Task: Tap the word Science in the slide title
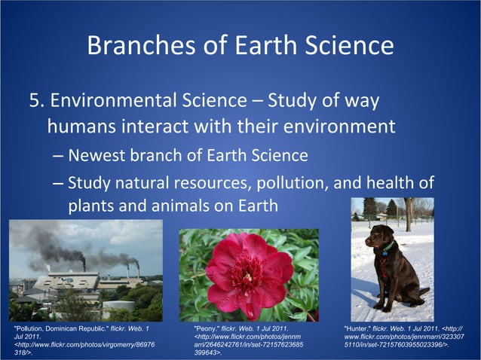point(350,47)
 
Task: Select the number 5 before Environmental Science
point(35,101)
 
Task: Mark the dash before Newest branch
point(59,157)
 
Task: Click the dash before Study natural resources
point(59,184)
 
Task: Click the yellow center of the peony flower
point(246,272)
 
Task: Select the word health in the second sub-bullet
point(391,183)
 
